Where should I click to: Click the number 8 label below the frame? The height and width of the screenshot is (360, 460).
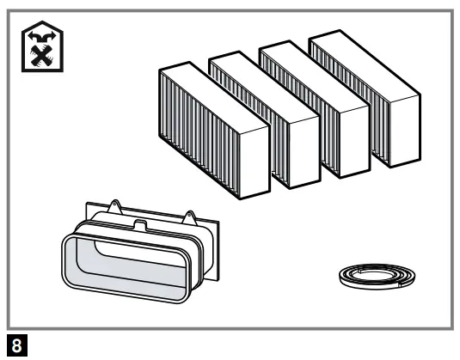pyautogui.click(x=10, y=348)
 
